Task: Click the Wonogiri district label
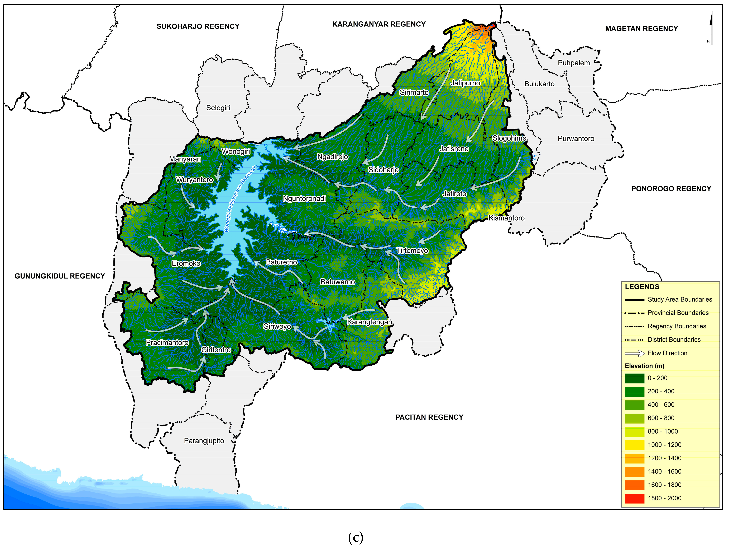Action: pos(236,151)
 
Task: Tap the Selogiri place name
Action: pos(218,108)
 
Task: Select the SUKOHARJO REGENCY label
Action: pos(198,26)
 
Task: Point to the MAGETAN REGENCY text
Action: pos(641,29)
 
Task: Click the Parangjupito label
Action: pos(204,441)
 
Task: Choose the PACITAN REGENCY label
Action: pos(429,417)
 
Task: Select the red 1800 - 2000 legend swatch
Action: pos(634,498)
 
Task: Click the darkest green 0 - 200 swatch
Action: pos(634,378)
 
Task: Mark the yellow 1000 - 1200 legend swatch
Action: pos(634,445)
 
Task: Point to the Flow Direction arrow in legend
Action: pos(634,353)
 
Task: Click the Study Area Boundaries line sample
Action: pos(634,300)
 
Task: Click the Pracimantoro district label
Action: pos(167,342)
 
